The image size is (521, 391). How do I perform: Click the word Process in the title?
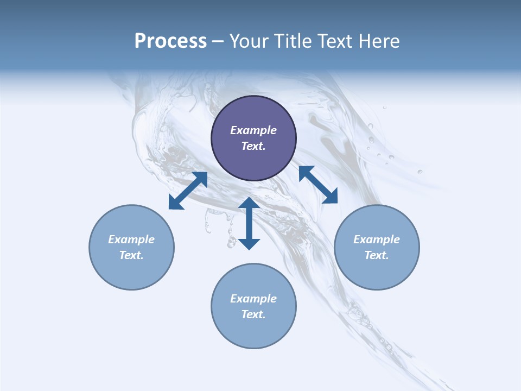click(x=170, y=41)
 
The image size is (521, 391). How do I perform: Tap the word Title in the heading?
click(x=293, y=41)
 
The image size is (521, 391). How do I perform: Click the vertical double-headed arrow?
click(x=249, y=223)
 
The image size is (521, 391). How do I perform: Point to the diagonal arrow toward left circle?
click(x=188, y=190)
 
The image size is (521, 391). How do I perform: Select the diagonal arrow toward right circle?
click(x=318, y=185)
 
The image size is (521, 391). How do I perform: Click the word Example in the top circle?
click(x=253, y=130)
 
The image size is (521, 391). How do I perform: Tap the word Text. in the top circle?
click(x=253, y=146)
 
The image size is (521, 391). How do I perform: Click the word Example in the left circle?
click(x=131, y=239)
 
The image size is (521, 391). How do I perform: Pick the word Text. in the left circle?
click(x=131, y=255)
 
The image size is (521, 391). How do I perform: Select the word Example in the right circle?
click(x=377, y=239)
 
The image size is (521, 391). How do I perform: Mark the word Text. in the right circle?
click(x=377, y=255)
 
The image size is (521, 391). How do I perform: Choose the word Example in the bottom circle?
click(x=253, y=299)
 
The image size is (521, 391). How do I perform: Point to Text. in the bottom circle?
click(x=253, y=314)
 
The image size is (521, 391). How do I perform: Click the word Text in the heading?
click(x=336, y=41)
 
